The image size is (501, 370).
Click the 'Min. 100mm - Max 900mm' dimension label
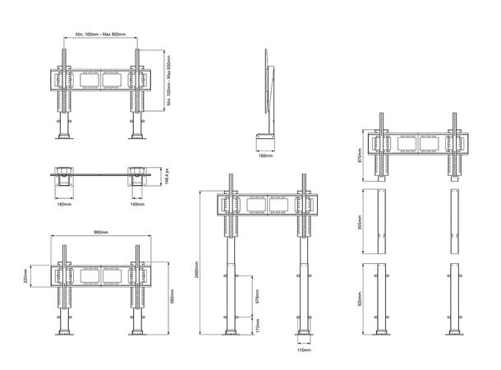coord(100,34)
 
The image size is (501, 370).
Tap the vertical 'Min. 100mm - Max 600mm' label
coord(168,81)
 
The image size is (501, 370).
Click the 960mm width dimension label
coord(101,233)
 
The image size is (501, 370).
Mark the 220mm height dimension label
coord(27,279)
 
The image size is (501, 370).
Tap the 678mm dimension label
coord(258,294)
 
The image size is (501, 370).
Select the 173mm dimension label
coord(258,326)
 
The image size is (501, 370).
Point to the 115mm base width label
coord(304,349)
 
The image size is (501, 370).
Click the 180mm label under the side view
coord(264,154)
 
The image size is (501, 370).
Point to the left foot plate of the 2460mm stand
coord(229,334)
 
